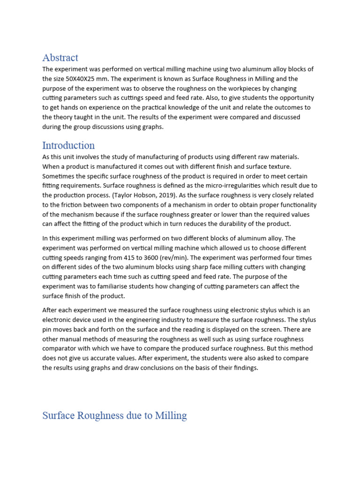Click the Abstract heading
point(60,58)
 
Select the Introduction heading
point(68,145)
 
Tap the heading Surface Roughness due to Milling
point(114,415)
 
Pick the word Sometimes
point(60,176)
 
